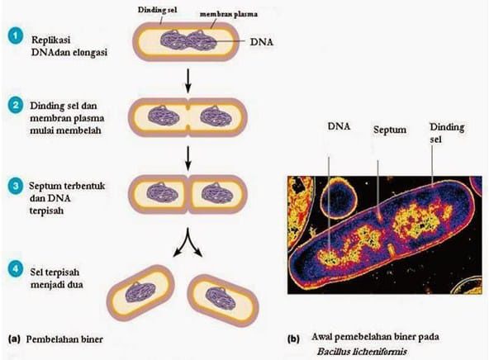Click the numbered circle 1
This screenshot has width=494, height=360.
coord(16,36)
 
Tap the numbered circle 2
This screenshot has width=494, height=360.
coord(16,106)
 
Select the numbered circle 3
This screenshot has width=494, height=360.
coord(16,186)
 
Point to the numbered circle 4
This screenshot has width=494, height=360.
coord(16,270)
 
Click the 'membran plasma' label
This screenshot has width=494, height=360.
coord(228,14)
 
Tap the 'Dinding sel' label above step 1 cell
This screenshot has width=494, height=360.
coord(157,10)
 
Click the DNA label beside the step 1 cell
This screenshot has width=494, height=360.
coord(262,42)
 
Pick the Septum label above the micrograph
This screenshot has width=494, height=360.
coord(390,130)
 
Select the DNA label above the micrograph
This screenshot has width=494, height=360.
coord(339,126)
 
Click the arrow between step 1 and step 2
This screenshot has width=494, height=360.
coord(188,81)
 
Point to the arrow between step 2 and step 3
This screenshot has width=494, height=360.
coord(188,158)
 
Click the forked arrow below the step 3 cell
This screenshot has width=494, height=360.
coord(188,242)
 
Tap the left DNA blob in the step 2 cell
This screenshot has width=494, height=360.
coord(164,116)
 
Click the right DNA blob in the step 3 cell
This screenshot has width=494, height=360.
coord(216,192)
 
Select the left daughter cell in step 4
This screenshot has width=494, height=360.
coord(140,293)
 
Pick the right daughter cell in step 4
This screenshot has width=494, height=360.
coord(222,301)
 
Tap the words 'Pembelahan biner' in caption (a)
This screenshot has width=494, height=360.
coord(64,339)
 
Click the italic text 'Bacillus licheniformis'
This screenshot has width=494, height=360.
coord(362,351)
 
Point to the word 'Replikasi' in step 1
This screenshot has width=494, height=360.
coord(50,40)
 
